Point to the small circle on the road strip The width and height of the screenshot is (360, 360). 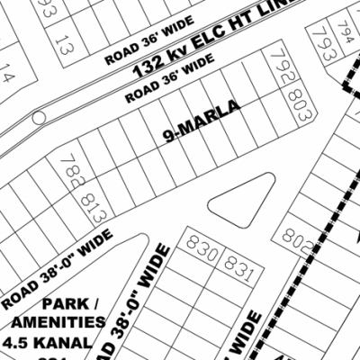point(37,118)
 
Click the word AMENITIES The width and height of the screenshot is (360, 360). point(59,322)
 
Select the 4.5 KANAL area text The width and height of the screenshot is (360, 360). point(59,342)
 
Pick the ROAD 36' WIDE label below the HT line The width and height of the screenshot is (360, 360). point(170,78)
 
